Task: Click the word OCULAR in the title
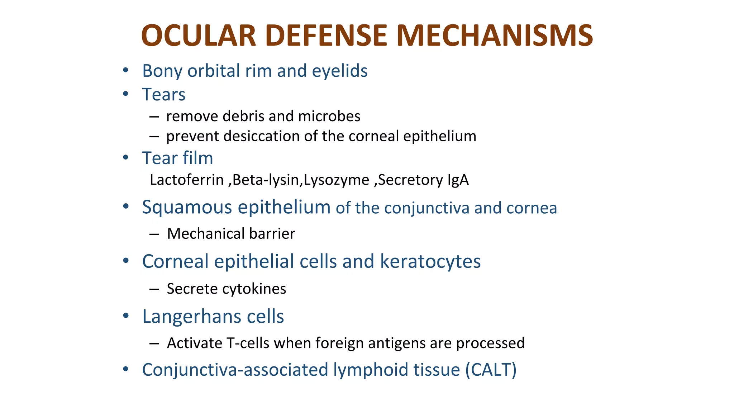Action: [x=198, y=36]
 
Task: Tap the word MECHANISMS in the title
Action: [x=495, y=36]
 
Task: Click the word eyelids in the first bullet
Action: [x=339, y=71]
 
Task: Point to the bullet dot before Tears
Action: [x=125, y=94]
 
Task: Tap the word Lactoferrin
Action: [x=187, y=180]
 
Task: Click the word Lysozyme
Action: [x=336, y=180]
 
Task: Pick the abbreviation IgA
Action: [x=458, y=180]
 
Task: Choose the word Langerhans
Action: [x=190, y=317]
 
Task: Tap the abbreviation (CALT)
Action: [x=491, y=370]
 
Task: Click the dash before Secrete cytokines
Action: [x=154, y=289]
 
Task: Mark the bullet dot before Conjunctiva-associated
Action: [x=125, y=369]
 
